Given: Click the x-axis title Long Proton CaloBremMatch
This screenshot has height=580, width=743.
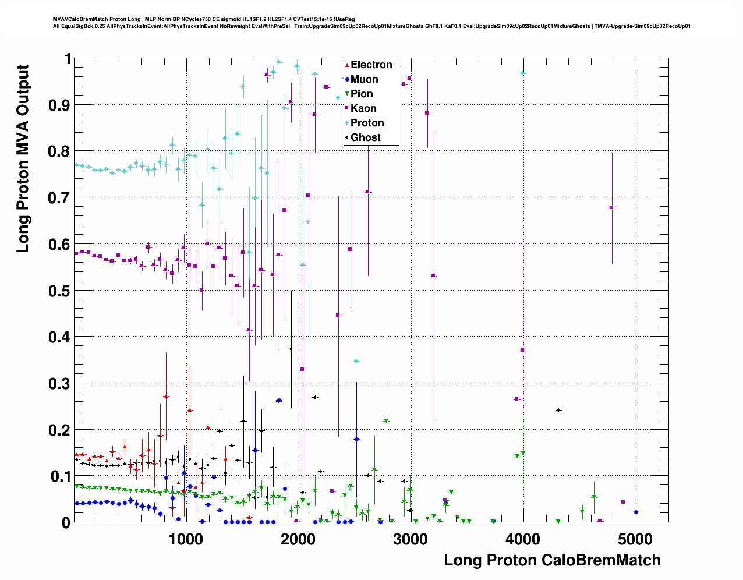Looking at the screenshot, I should pyautogui.click(x=552, y=560).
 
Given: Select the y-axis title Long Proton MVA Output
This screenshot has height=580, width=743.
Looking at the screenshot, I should pyautogui.click(x=22, y=158).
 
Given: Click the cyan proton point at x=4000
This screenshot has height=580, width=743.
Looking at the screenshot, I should pyautogui.click(x=523, y=73).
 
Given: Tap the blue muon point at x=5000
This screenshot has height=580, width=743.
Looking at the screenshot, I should pyautogui.click(x=636, y=512).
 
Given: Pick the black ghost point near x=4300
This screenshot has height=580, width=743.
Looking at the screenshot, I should pyautogui.click(x=558, y=410).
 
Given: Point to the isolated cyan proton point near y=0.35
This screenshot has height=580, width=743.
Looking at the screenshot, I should pyautogui.click(x=356, y=361).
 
